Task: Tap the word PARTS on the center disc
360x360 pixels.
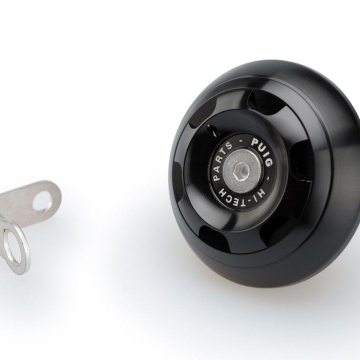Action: pyautogui.click(x=222, y=160)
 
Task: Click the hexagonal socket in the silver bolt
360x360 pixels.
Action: pyautogui.click(x=243, y=170)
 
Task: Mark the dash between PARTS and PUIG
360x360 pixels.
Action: pyautogui.click(x=240, y=141)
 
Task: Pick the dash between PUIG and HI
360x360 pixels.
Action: pyautogui.click(x=268, y=178)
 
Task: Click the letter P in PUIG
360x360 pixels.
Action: pyautogui.click(x=254, y=142)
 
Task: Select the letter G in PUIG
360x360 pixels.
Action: pyautogui.click(x=268, y=162)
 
